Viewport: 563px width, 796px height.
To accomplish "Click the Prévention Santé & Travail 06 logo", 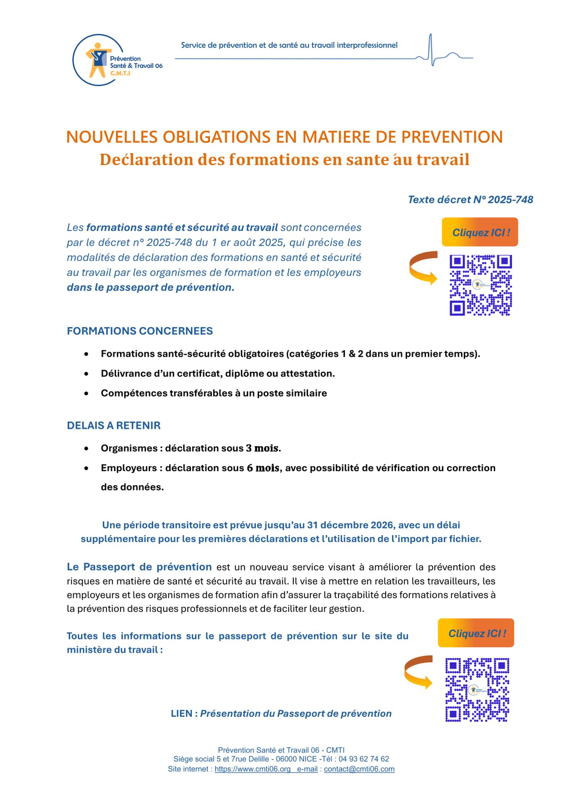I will tap(117, 60).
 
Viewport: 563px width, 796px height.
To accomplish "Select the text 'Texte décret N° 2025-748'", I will tap(470, 200).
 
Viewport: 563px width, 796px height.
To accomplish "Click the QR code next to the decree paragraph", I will tap(481, 285).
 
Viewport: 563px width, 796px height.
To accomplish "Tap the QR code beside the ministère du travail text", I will tap(477, 690).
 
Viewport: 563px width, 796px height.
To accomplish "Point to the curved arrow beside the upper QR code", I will tap(423, 268).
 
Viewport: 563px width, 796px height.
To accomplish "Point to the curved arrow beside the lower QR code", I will tap(418, 672).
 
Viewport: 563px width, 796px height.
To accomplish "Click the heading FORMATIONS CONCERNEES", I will tap(140, 331).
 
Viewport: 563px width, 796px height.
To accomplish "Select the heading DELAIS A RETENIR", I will tap(113, 425).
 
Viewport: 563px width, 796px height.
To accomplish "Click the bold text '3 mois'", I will tap(263, 449).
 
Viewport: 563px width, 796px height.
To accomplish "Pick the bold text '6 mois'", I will tap(263, 468).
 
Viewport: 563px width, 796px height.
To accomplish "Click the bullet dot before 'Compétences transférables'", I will tap(86, 393).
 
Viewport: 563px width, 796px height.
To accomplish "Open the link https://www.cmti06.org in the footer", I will tap(252, 769).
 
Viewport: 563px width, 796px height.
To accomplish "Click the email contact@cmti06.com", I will tap(359, 769).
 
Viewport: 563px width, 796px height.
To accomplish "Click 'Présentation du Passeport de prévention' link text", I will tap(296, 714).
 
